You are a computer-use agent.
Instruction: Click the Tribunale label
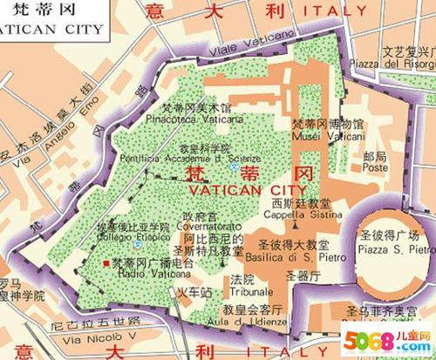(249, 293)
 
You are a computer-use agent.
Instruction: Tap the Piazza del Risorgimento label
(402, 64)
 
